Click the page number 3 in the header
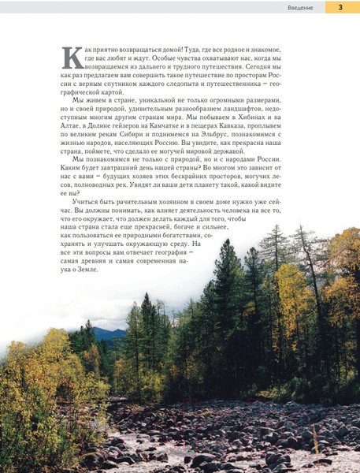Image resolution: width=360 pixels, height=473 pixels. click(340, 8)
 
